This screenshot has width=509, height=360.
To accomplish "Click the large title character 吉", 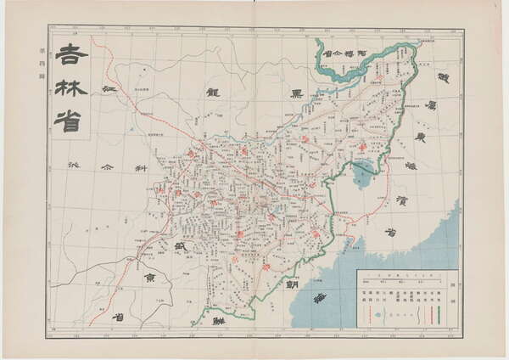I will coord(71,56).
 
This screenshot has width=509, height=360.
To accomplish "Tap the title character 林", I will coord(71,87).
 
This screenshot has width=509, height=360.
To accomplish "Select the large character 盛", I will coord(178,247).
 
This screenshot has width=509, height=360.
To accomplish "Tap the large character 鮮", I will coord(219,323).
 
